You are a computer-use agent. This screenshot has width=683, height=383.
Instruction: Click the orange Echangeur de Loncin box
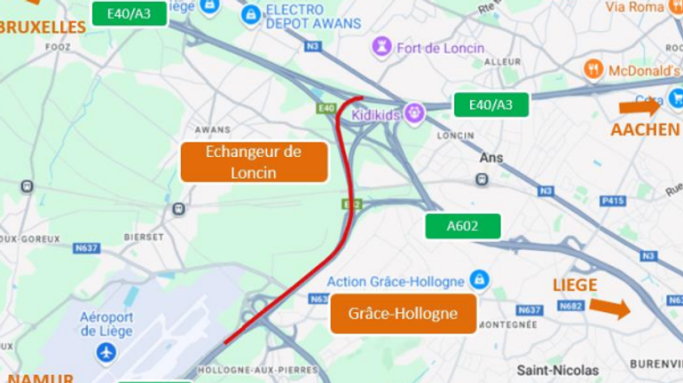pyautogui.click(x=254, y=161)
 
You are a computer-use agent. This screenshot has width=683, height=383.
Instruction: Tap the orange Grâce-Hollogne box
pyautogui.click(x=403, y=314)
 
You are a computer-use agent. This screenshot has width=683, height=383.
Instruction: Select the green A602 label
pyautogui.click(x=462, y=226)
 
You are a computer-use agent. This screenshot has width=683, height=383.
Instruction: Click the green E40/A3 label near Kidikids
pyautogui.click(x=491, y=105)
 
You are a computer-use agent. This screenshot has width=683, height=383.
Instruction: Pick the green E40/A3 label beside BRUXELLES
pyautogui.click(x=130, y=13)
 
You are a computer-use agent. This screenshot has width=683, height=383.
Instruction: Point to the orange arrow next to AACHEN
pyautogui.click(x=639, y=106)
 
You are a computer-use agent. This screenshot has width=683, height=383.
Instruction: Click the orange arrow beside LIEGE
pyautogui.click(x=609, y=308)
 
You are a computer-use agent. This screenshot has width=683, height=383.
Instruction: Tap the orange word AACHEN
pyautogui.click(x=645, y=129)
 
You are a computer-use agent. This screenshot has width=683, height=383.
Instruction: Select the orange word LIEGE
pyautogui.click(x=575, y=285)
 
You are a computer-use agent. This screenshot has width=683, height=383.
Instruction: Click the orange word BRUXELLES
pyautogui.click(x=41, y=27)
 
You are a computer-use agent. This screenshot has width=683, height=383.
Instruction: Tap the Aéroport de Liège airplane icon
pyautogui.click(x=106, y=352)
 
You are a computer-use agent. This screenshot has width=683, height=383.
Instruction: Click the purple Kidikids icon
pyautogui.click(x=413, y=113)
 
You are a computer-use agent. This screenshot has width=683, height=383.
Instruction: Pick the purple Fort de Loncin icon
pyautogui.click(x=381, y=47)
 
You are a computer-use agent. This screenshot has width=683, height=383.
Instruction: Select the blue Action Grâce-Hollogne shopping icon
pyautogui.click(x=479, y=280)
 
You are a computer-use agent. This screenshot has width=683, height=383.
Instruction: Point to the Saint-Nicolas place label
pyautogui.click(x=558, y=370)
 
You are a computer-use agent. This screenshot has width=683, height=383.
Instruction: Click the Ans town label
pyautogui.click(x=491, y=158)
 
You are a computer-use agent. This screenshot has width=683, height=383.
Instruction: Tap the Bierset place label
pyautogui.click(x=144, y=237)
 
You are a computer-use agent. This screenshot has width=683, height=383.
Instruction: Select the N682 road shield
pyautogui.click(x=570, y=306)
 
